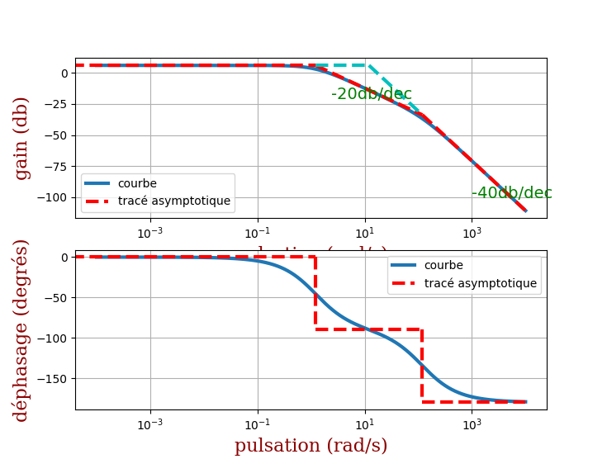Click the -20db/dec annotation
point(371,94)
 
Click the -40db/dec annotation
point(511,193)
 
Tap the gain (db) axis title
point(22,138)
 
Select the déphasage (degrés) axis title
point(22,330)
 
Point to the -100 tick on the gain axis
point(55,197)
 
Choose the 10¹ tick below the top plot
point(364,233)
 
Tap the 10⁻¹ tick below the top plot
point(257,233)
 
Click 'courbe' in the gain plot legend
point(137,183)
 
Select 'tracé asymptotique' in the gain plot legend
point(173,201)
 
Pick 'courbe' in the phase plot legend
point(443,266)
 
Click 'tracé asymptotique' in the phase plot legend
point(480,283)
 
